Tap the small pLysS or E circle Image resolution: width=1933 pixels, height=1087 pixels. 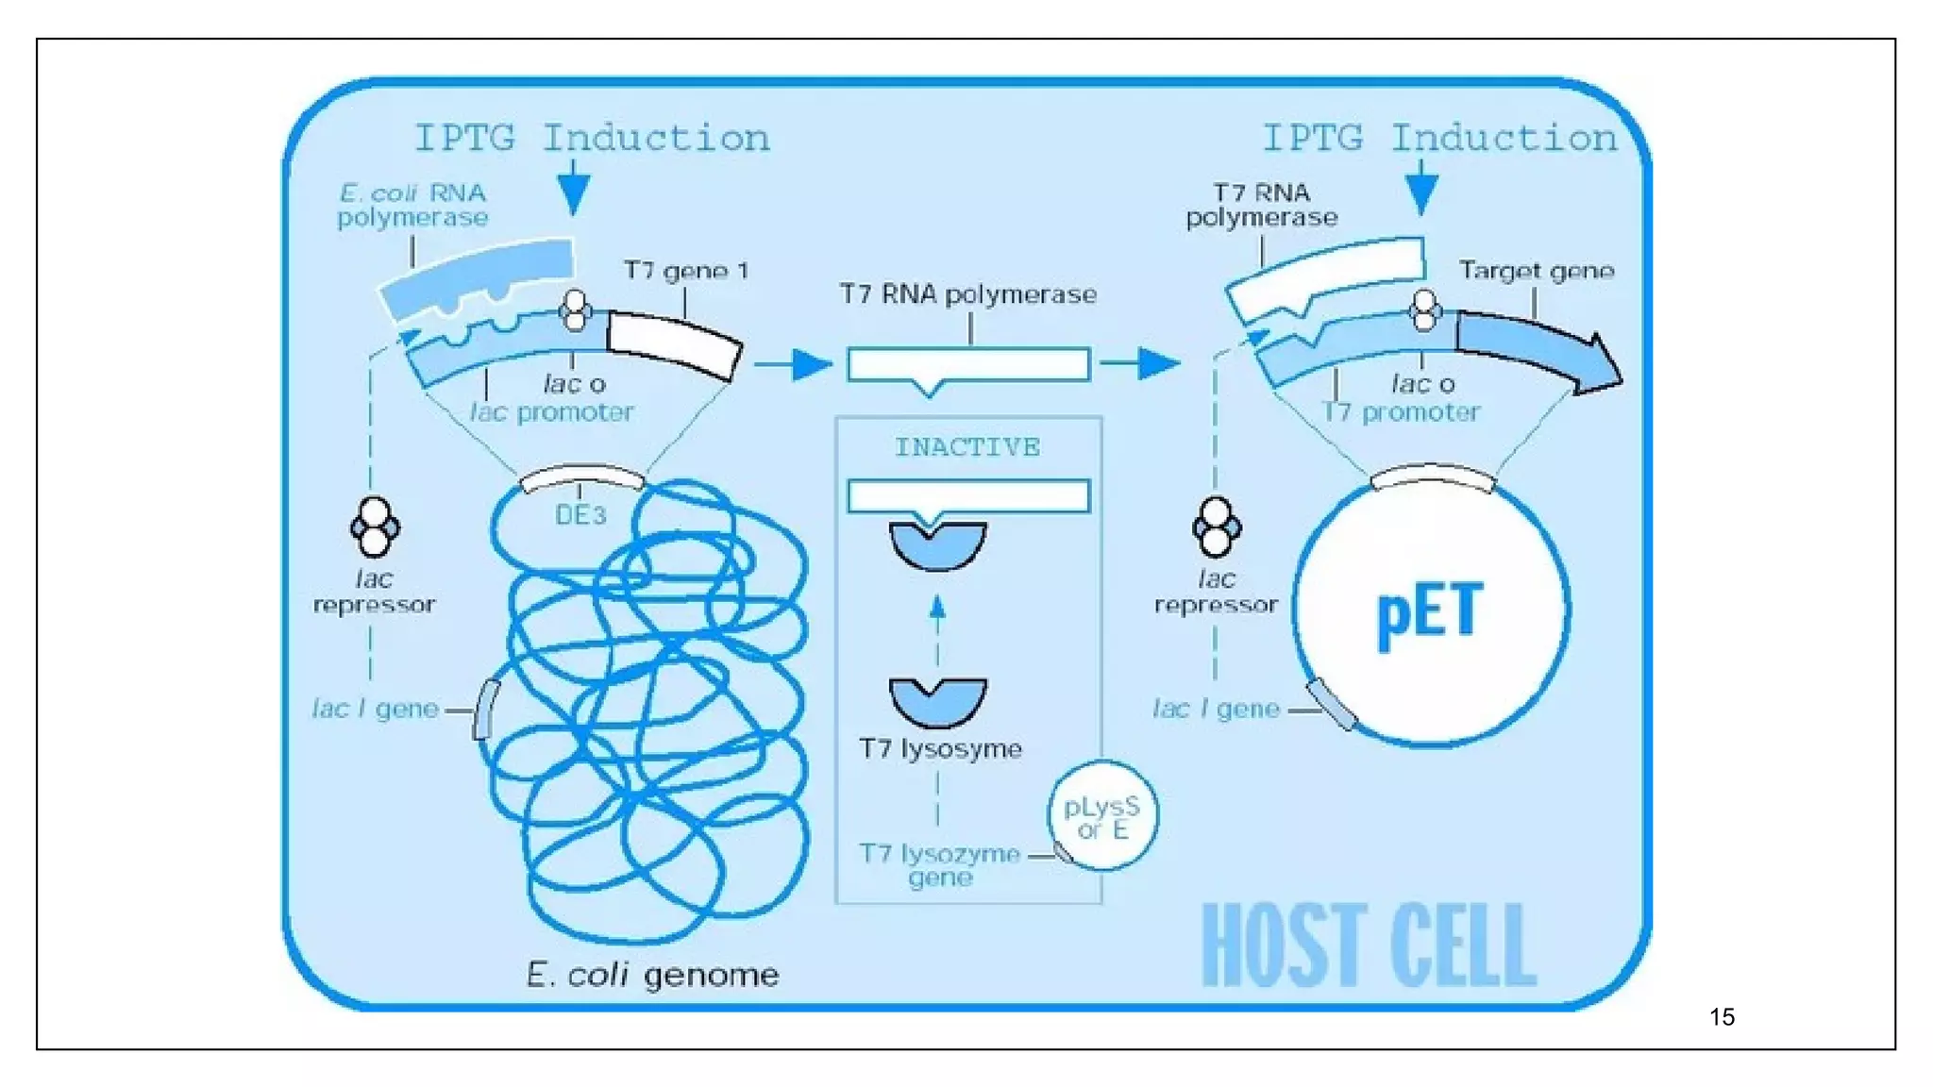pos(1102,817)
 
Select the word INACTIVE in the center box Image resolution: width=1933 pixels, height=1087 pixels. pos(967,447)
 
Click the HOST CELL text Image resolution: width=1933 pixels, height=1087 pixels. pos(1369,945)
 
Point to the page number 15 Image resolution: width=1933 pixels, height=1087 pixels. pos(1722,1017)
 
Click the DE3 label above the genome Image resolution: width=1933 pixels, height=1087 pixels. pos(580,515)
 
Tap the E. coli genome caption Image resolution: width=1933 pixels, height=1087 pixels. pos(652,975)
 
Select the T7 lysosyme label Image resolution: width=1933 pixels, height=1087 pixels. pos(940,749)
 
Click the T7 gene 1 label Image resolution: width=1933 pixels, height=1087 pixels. pos(686,272)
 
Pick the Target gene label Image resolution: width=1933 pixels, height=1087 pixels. pos(1536,272)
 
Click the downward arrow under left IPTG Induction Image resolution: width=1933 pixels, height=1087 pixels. pos(573,189)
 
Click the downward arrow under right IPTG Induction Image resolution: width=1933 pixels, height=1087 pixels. pos(1421,189)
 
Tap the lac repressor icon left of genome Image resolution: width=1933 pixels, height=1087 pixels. pos(375,527)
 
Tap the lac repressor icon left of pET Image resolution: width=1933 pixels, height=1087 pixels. pos(1216,527)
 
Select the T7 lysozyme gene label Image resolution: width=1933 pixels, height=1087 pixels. pos(940,865)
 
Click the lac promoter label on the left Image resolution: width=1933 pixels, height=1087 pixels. pos(552,412)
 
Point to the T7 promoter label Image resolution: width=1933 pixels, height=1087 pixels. pos(1402,412)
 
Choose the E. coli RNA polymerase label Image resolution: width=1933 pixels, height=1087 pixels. pos(412,206)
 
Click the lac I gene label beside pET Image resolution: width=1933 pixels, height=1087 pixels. pos(1216,709)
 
